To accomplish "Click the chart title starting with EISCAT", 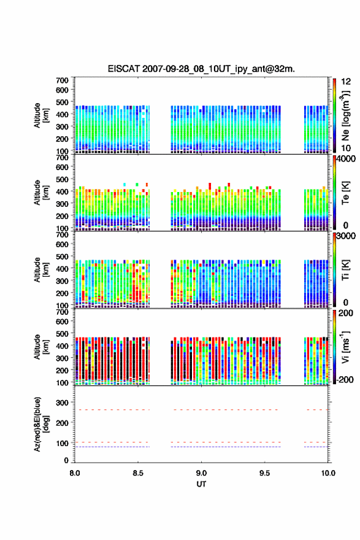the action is tap(201, 69).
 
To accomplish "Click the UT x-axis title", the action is tap(201, 484).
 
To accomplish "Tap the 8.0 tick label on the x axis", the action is tap(75, 473).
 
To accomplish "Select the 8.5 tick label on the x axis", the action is tap(138, 473).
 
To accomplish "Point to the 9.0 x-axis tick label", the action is tap(201, 473).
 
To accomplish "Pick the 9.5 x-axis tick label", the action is tap(265, 473).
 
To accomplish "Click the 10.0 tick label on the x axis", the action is tap(328, 473).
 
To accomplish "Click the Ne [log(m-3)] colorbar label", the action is tap(345, 115).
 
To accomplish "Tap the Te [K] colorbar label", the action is tap(345, 193).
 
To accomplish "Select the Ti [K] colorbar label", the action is tap(345, 269).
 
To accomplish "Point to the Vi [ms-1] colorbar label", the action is tap(345, 347).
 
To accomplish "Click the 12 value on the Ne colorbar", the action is tap(346, 82).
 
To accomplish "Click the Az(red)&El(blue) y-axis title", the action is tap(41, 424).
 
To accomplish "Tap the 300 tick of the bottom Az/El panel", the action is tap(63, 403).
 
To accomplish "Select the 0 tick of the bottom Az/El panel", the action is tap(66, 460).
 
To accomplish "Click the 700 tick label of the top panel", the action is tap(63, 80).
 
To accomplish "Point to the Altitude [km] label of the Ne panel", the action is tap(41, 115).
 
